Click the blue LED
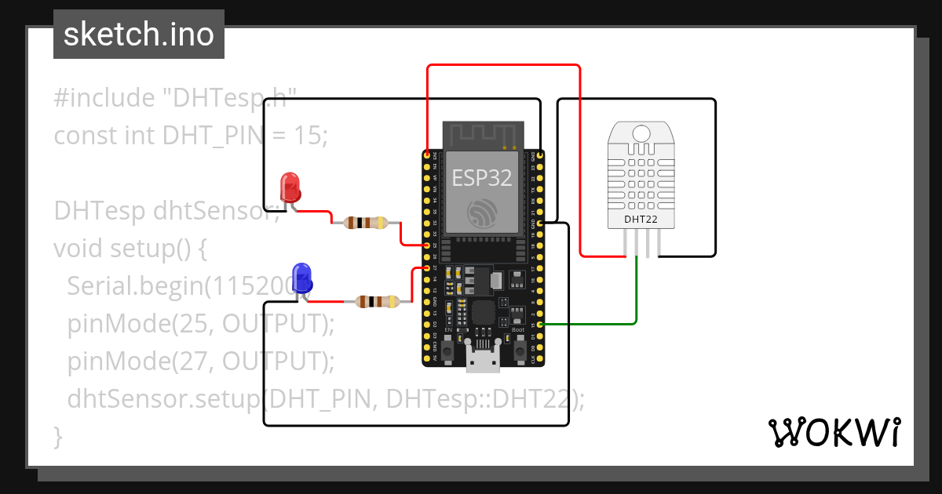pos(301,278)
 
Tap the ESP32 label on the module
pos(482,178)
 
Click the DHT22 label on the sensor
pos(641,219)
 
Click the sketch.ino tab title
pos(139,35)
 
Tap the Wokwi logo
pos(834,433)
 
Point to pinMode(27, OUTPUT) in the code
pos(201,361)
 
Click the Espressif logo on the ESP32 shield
pos(482,213)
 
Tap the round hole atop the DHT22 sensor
pos(641,133)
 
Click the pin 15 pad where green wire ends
pos(540,324)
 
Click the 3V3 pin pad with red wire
pos(427,156)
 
